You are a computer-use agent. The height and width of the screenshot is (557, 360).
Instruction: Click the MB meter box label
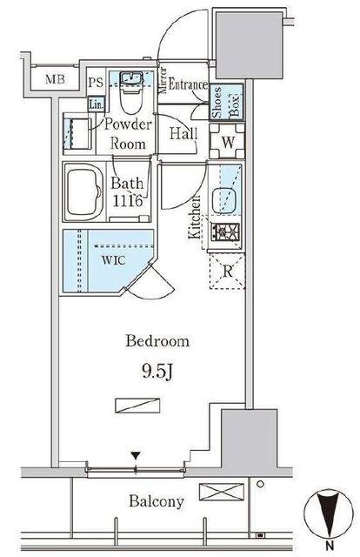coord(55,79)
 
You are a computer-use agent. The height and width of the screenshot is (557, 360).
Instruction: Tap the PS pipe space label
coord(96,83)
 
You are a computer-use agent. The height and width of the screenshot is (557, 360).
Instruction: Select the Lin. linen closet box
coord(97,104)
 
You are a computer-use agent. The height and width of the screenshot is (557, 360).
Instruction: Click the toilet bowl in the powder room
coord(131,95)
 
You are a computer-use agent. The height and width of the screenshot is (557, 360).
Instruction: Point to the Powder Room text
coord(128,134)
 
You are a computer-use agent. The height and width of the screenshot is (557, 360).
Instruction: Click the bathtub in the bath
coord(84,192)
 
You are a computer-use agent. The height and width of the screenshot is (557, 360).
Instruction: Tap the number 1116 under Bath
coord(128,201)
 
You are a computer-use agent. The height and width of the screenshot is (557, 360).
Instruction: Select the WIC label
coord(113,260)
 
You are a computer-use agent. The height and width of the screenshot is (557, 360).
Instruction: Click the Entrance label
coord(188,84)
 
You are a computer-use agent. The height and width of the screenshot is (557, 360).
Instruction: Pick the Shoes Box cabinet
coord(226,102)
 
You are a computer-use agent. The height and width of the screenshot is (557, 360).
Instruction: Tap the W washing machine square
coord(227,141)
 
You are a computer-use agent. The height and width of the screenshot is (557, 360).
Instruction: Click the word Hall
coord(183,133)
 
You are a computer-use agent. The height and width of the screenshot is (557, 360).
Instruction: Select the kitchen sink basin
coord(224,201)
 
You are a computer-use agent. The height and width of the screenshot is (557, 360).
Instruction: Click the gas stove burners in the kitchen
coord(225,232)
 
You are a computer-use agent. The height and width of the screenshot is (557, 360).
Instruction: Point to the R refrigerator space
coord(227,271)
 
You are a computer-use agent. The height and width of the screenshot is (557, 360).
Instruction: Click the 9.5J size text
coord(157,372)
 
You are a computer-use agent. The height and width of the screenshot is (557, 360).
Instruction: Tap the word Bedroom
coord(157,341)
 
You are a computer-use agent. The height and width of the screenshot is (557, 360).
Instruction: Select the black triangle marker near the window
coord(136,455)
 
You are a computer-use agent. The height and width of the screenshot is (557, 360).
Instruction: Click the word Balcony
coord(157,501)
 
